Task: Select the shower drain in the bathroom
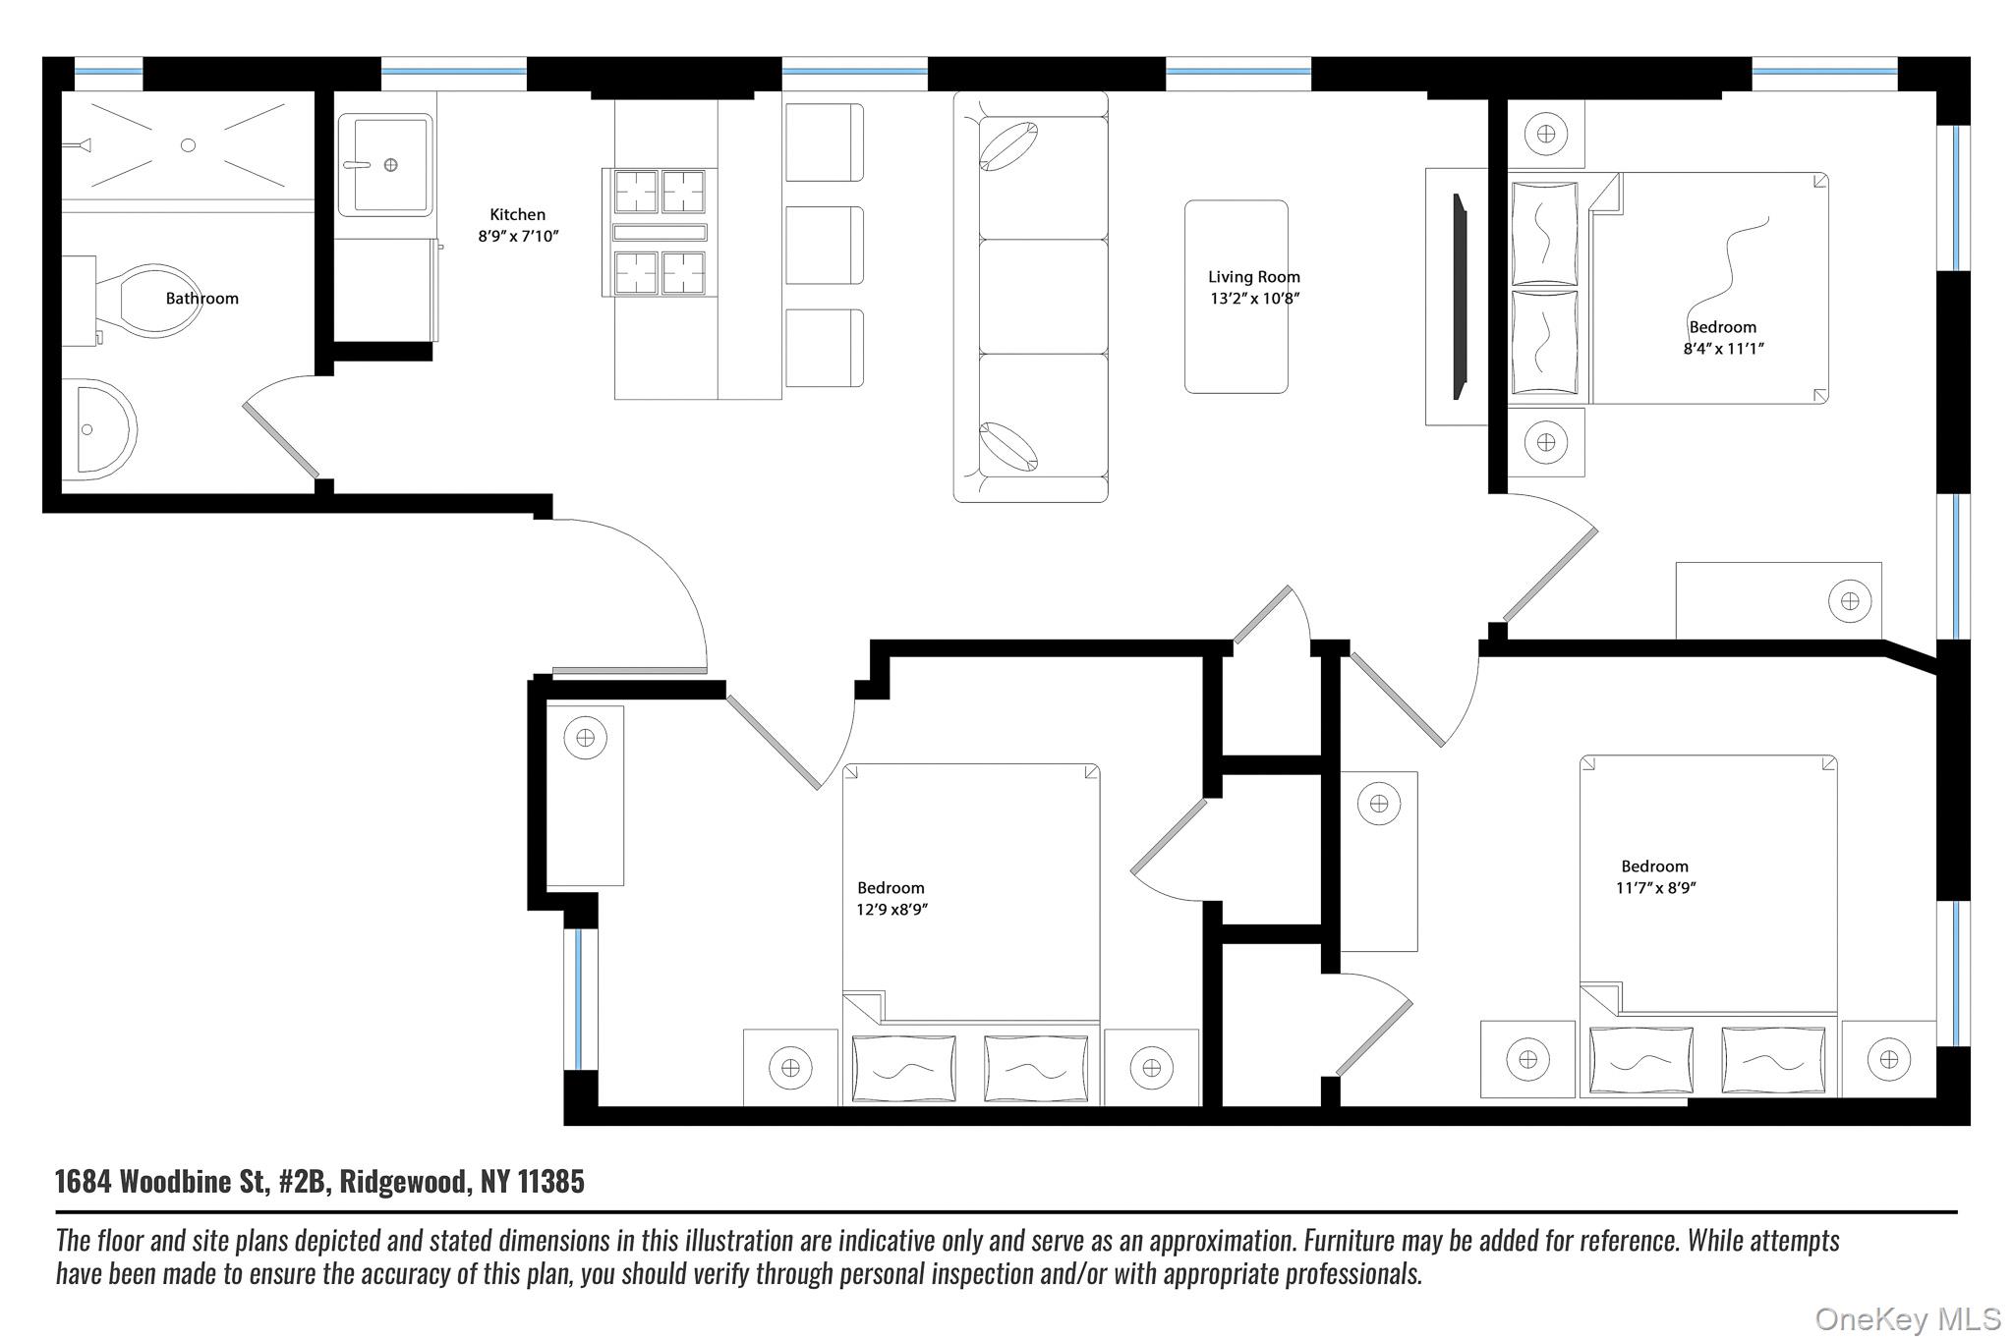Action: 188,145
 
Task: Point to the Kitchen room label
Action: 517,214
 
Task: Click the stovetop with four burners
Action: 660,233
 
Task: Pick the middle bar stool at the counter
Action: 824,246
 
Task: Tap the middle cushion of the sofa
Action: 1043,297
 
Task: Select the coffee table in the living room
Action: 1236,297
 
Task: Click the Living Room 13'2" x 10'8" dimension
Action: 1254,299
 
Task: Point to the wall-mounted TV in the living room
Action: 1460,296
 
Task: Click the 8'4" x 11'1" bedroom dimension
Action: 1723,349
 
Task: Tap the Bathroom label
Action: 201,299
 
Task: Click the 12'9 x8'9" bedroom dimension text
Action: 891,910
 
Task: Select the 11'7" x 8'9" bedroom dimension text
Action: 1656,888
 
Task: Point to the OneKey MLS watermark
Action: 1907,1319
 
